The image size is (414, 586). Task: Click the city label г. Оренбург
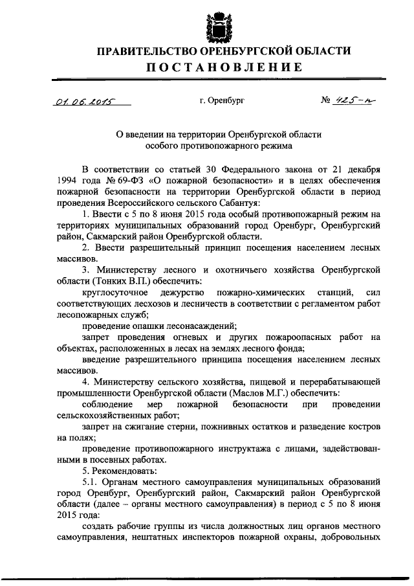click(222, 101)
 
